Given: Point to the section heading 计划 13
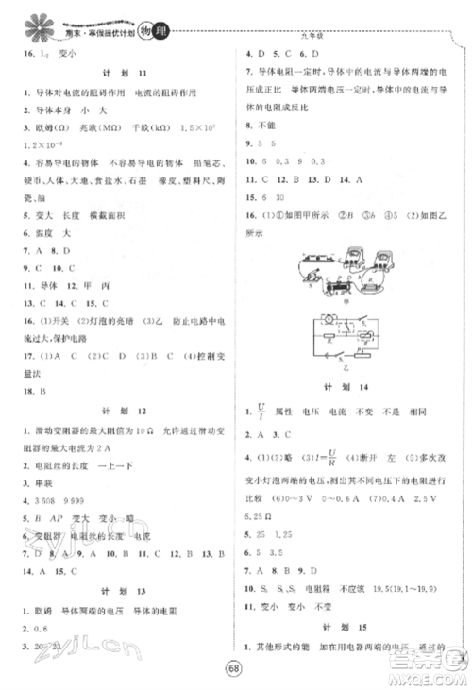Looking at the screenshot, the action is pos(117,591).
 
